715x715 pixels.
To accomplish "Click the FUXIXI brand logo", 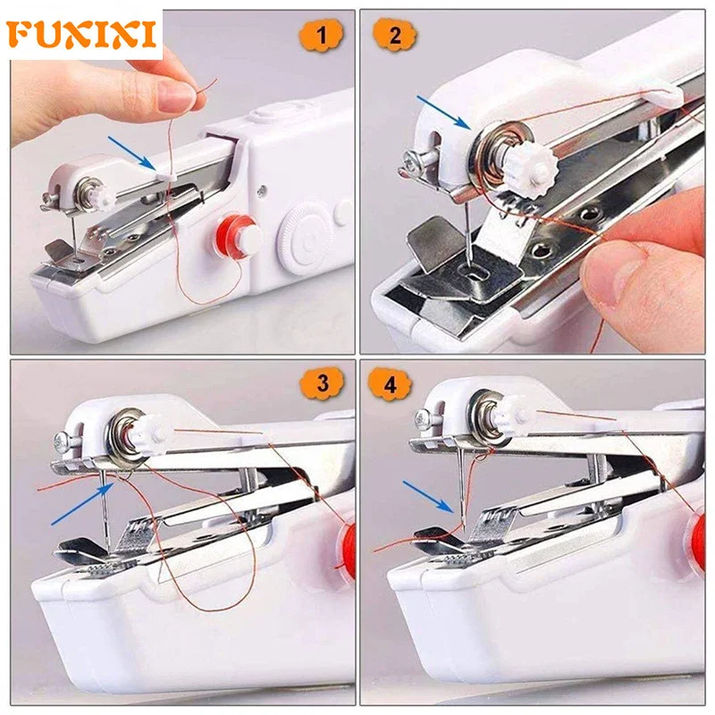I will (82, 33).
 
